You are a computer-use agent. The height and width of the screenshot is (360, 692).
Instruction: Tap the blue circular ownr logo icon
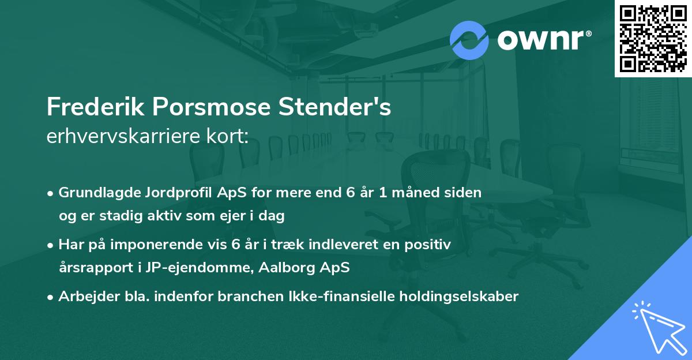pos(469,40)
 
